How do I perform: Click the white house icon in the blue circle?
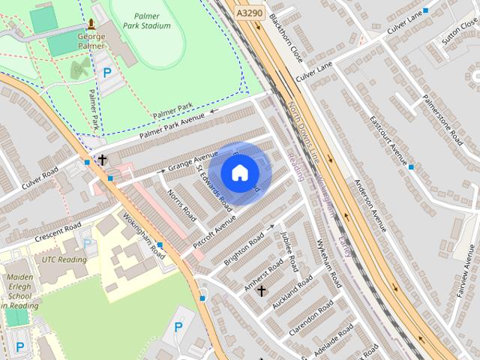click(x=239, y=173)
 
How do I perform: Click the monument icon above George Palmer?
click(x=91, y=25)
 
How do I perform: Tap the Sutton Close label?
click(x=459, y=29)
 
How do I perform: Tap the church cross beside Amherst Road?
click(x=262, y=290)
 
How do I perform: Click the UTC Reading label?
click(x=64, y=259)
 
